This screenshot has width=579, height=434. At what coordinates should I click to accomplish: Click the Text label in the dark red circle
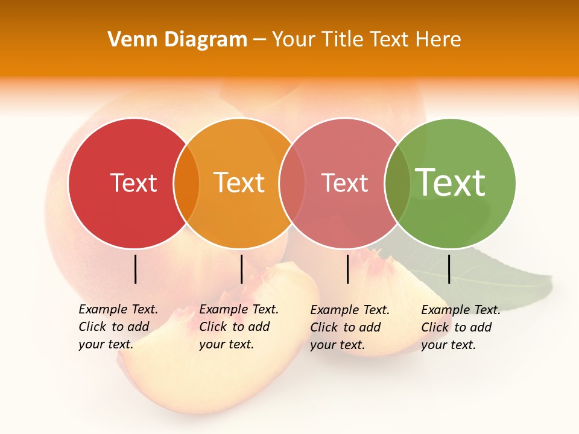point(133,183)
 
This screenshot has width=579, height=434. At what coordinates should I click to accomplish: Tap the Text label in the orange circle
point(239,183)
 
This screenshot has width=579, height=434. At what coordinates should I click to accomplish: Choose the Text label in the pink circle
point(344,183)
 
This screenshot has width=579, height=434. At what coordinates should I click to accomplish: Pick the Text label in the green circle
point(451,183)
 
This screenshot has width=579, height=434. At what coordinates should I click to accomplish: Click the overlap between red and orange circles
point(186,183)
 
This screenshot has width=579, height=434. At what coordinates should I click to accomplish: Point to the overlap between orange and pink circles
point(292,183)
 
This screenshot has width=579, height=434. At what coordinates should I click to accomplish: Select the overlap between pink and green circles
point(397,183)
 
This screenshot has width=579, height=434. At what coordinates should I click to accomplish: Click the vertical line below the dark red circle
point(136,269)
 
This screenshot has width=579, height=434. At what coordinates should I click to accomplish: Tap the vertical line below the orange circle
point(241,269)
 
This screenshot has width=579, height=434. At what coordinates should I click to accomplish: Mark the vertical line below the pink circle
point(348,269)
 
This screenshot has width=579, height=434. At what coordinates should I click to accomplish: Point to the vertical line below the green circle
point(449,269)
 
